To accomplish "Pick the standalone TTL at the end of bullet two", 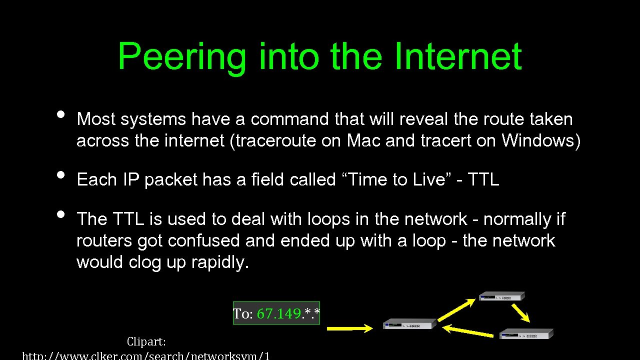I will (483, 179).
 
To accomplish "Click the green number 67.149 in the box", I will (279, 314).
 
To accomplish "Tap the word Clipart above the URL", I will (146, 342).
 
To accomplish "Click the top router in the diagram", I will (502, 296).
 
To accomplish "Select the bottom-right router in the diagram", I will (526, 333).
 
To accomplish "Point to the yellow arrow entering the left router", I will (349, 328).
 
